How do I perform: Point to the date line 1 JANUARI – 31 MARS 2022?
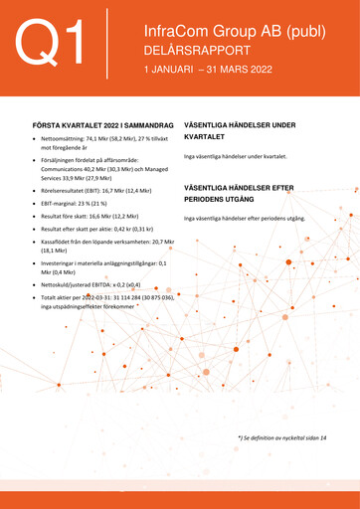coord(207,72)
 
